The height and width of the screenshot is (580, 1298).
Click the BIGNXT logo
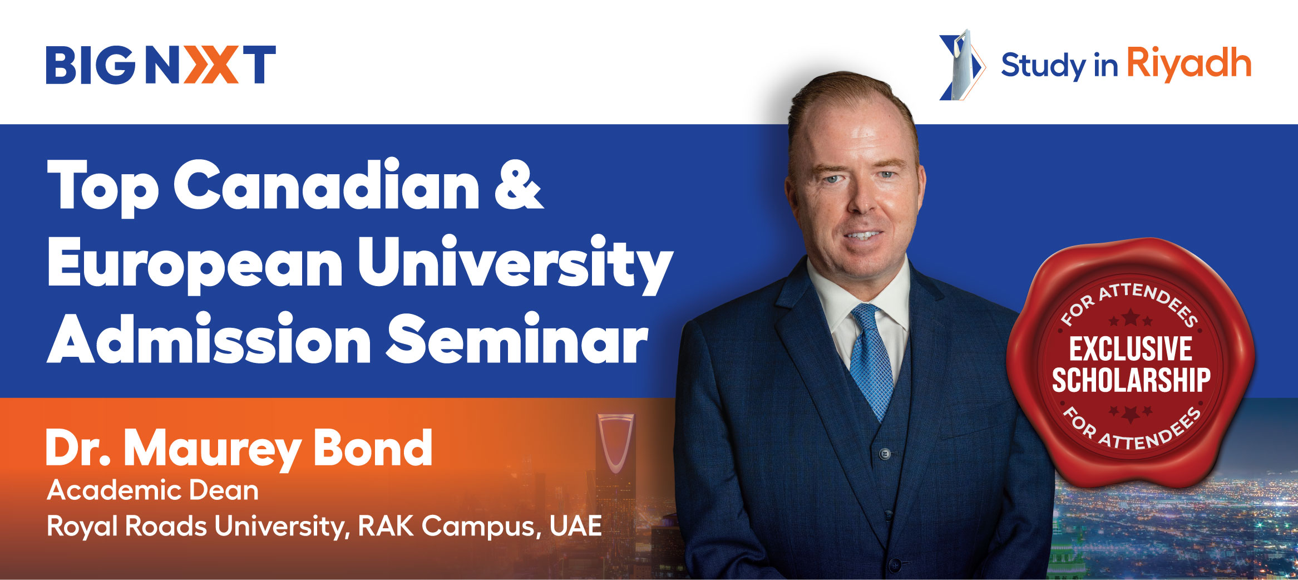point(161,65)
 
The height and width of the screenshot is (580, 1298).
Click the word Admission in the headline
point(209,338)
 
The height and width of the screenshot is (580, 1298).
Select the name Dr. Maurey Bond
point(239,448)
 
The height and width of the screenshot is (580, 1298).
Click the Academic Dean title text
point(153,490)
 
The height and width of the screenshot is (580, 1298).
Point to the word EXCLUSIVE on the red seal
point(1131,349)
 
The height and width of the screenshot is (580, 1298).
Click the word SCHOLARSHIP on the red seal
point(1131,380)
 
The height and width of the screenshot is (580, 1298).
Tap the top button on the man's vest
point(885,454)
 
